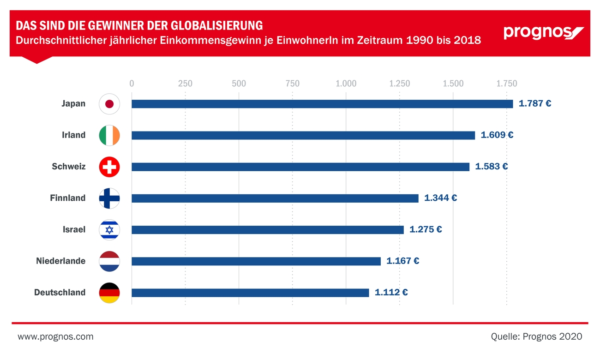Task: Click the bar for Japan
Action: coord(322,104)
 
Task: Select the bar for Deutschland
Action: coord(250,293)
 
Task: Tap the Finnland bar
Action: coord(275,198)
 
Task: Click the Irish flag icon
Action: coord(109,135)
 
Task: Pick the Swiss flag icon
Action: coord(109,167)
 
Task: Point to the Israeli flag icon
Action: coord(109,230)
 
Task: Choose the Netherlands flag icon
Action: coord(109,261)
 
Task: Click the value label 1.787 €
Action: coord(535,104)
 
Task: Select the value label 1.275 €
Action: coord(426,229)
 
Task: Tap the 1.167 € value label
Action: coord(402,261)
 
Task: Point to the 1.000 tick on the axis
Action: coord(346,84)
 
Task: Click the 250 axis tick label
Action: coord(185,84)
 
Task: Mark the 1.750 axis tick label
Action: coord(507,84)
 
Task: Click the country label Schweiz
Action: coord(68,167)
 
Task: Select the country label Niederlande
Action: coord(60,261)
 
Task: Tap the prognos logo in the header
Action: coord(543,33)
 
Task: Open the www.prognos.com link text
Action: coord(55,337)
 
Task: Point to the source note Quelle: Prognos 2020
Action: coord(536,337)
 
